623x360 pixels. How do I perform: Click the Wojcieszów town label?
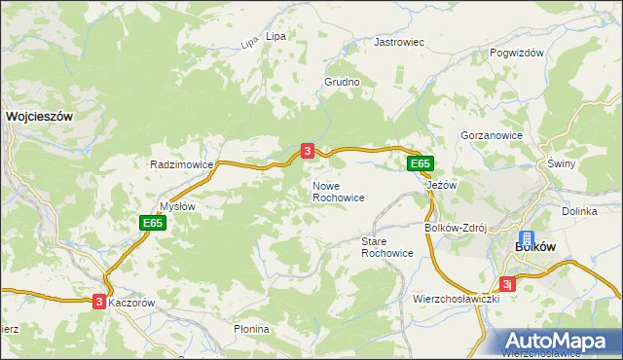click(x=40, y=115)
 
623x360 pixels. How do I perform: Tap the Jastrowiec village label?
click(x=399, y=43)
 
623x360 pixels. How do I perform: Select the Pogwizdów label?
click(x=516, y=54)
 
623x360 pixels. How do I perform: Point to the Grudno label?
click(x=342, y=83)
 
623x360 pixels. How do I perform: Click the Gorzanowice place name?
click(x=493, y=135)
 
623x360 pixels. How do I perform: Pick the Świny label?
click(x=563, y=163)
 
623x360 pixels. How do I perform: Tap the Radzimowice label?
click(x=181, y=164)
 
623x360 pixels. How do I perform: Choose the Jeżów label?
click(x=442, y=184)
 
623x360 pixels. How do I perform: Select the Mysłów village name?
click(x=178, y=206)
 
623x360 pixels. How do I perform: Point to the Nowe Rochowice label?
click(x=338, y=191)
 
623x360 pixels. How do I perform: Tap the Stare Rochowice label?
click(x=386, y=246)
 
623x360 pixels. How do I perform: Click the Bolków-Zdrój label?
click(x=455, y=228)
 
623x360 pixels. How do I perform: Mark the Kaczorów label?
click(x=131, y=303)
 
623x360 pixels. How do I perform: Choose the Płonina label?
click(x=251, y=329)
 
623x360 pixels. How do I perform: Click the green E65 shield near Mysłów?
click(x=152, y=223)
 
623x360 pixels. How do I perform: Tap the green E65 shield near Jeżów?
click(x=420, y=163)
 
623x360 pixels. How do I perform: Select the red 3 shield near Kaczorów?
click(x=99, y=302)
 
